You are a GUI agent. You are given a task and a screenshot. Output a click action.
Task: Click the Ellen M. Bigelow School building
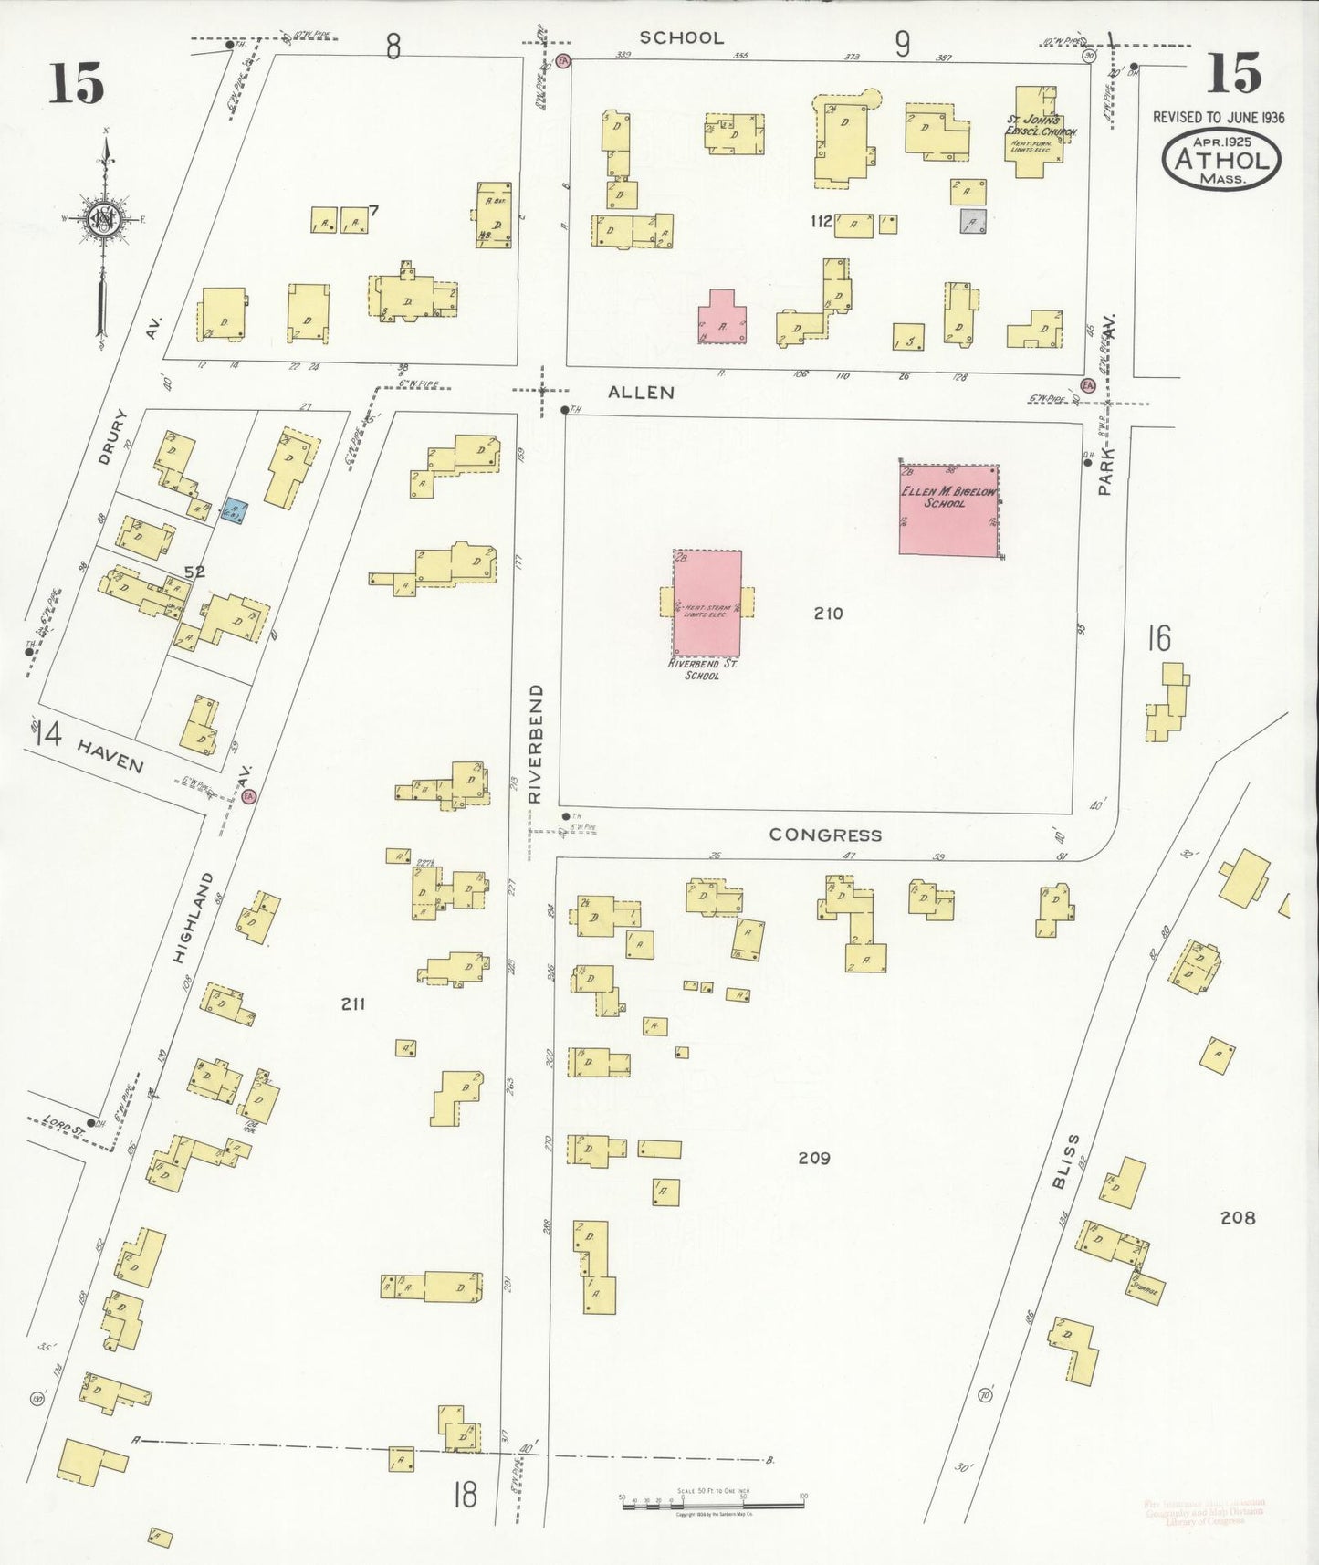point(948,509)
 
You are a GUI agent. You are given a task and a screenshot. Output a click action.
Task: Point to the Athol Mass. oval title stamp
point(1221,160)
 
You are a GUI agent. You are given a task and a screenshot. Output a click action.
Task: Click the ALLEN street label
point(642,393)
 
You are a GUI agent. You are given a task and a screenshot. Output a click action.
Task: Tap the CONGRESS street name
point(825,835)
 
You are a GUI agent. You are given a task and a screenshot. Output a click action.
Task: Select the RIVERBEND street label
point(536,743)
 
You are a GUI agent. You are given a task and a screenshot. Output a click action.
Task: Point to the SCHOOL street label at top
point(681,37)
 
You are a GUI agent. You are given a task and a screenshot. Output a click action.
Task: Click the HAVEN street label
point(110,755)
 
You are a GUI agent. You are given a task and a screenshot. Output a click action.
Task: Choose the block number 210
point(828,614)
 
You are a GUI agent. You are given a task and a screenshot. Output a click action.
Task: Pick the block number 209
point(813,1158)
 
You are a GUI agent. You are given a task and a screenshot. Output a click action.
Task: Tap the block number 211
point(353,1003)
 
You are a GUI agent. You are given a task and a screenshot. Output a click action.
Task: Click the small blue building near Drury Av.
point(235,509)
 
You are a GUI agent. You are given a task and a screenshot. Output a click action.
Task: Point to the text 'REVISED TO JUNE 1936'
point(1219,117)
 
